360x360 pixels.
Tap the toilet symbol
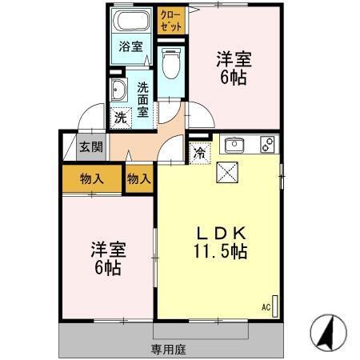[170, 62]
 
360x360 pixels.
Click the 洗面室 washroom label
[142, 99]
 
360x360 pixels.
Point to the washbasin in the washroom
[118, 89]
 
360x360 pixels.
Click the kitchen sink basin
[235, 146]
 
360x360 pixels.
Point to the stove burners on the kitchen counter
[267, 146]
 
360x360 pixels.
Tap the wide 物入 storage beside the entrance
[91, 178]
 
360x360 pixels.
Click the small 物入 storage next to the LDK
[138, 178]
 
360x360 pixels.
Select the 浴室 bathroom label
[132, 46]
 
